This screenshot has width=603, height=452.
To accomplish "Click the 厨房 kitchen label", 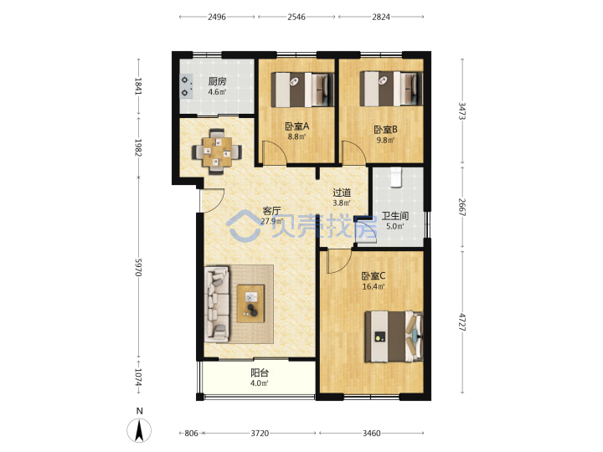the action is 217,81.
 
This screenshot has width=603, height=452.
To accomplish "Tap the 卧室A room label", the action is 296,126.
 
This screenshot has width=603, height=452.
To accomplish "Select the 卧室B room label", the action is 386,130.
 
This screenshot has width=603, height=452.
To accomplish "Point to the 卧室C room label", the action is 374,276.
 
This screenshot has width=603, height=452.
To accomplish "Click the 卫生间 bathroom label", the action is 395,216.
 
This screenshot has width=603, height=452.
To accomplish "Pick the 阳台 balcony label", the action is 260,372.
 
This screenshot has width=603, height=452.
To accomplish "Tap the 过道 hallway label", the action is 342,193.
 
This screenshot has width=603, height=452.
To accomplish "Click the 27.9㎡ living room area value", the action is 271,221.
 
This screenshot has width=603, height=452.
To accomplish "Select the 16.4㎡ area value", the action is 374,286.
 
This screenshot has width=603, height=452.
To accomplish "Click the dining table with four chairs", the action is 217,152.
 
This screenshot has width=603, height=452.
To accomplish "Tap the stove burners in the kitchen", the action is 186,86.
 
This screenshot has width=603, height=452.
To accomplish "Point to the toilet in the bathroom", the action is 395,177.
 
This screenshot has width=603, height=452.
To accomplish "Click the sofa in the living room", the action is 217,304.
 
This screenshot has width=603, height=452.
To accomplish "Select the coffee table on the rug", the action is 250,303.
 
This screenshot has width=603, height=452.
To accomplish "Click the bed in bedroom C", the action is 394,336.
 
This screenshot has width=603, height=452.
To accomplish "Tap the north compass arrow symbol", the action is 139,430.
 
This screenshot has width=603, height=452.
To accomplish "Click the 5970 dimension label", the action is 138,267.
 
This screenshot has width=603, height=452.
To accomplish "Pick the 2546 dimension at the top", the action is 296,17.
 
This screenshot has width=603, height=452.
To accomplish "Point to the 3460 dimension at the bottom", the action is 372,434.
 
